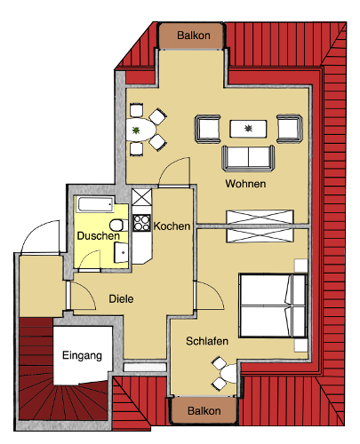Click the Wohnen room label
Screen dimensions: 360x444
245,184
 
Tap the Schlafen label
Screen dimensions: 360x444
207,341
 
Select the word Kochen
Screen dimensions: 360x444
172,226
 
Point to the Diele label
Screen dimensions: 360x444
121,298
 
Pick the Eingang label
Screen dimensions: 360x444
82,356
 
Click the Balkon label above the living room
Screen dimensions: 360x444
194,36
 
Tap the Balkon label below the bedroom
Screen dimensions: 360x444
204,411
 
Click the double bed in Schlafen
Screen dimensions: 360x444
273,305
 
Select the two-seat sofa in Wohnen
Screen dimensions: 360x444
248,158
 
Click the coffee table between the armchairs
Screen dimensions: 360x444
248,129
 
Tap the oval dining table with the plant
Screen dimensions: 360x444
140,130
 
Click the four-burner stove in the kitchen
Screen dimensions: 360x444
141,223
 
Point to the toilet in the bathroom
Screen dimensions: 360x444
119,226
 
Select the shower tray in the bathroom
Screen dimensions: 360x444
95,204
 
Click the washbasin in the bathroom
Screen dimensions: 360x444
121,252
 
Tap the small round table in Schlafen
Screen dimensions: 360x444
229,373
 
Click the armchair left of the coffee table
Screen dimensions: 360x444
207,129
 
